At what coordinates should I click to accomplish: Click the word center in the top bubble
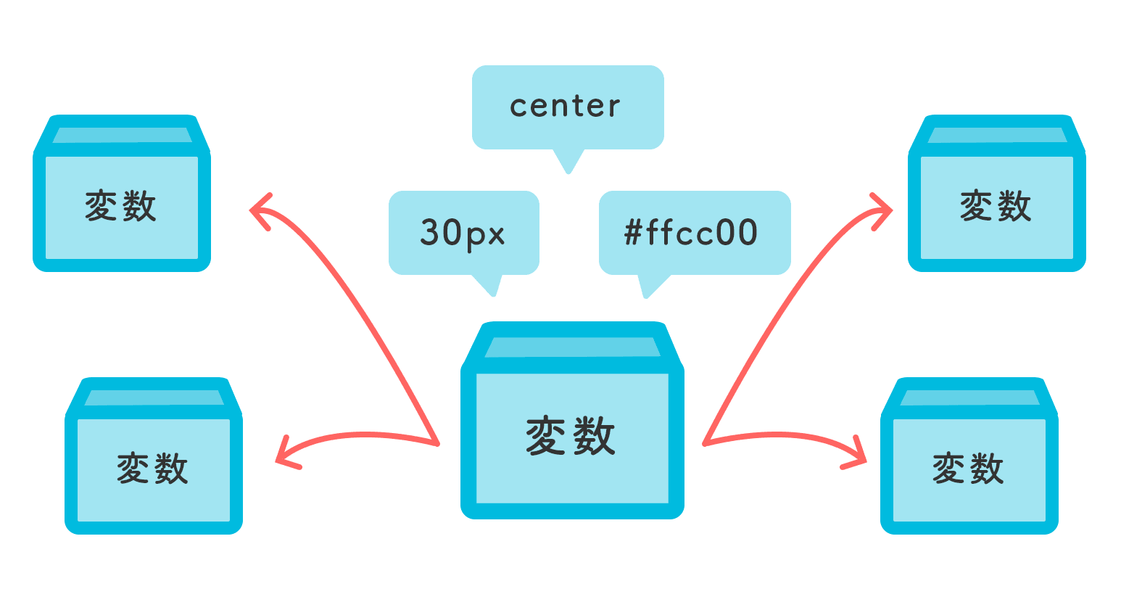pyautogui.click(x=565, y=107)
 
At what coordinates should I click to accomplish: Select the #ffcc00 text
pyautogui.click(x=691, y=233)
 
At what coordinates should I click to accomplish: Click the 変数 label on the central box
pyautogui.click(x=571, y=436)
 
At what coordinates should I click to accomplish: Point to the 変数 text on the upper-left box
pyautogui.click(x=121, y=206)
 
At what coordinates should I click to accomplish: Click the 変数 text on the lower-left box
pyautogui.click(x=153, y=469)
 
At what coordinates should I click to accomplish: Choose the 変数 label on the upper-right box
pyautogui.click(x=996, y=206)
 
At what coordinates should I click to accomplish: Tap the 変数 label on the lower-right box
pyautogui.click(x=969, y=469)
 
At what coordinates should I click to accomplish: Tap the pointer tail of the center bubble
pyautogui.click(x=568, y=162)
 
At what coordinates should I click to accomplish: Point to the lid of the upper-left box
pyautogui.click(x=122, y=135)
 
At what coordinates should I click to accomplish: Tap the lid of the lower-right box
pyautogui.click(x=969, y=398)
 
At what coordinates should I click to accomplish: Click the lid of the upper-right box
pyautogui.click(x=997, y=135)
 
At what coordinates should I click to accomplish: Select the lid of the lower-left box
pyautogui.click(x=154, y=398)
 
